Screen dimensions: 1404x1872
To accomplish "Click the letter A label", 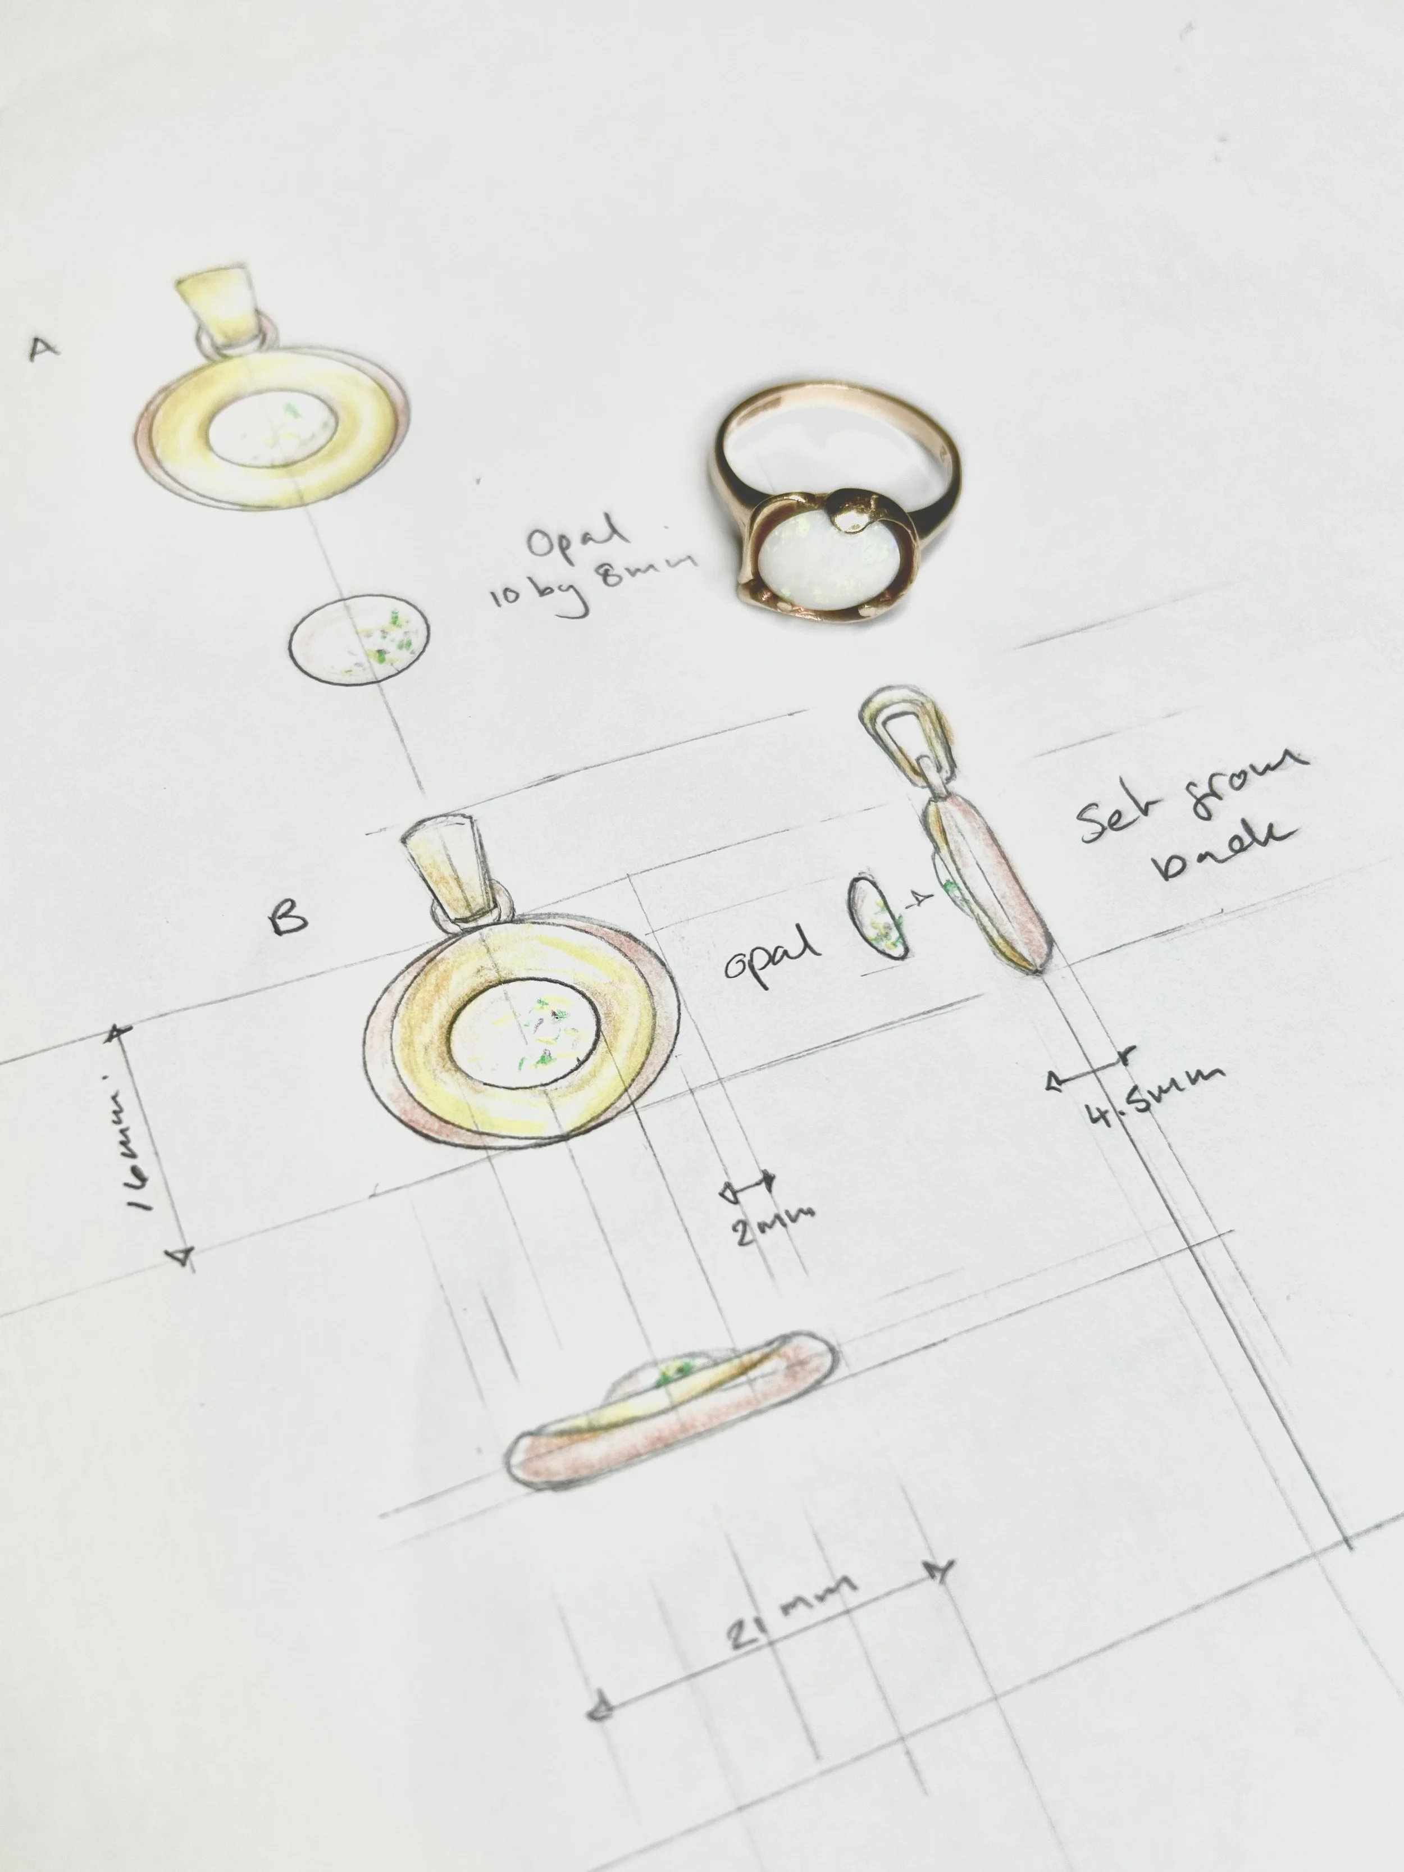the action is click(44, 347).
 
